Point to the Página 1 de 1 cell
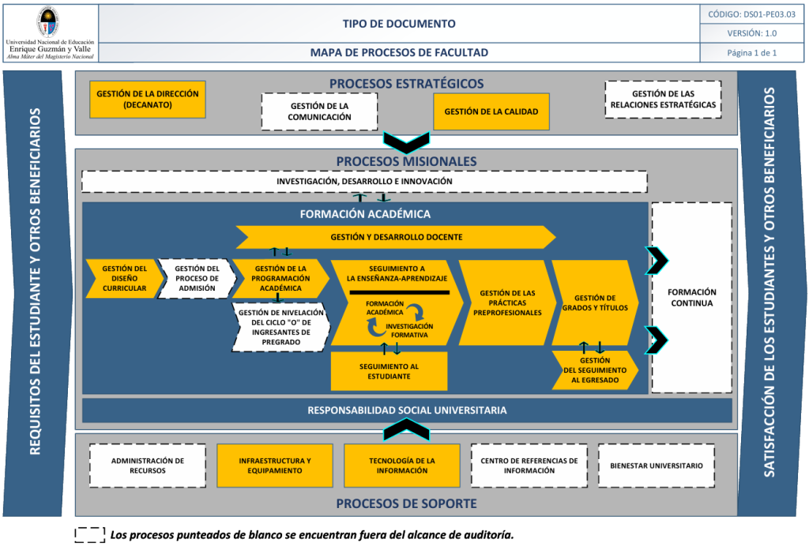[x=752, y=53]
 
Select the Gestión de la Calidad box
[x=491, y=111]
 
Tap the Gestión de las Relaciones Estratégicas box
[x=663, y=100]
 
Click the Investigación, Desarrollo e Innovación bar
[x=364, y=182]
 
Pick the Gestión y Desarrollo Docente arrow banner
[x=395, y=237]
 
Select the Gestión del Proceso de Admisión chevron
[x=196, y=278]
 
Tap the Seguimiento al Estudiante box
[x=389, y=371]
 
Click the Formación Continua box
[x=691, y=297]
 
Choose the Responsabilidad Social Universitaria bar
[x=407, y=411]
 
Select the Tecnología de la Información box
[x=401, y=465]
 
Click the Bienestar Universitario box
[x=656, y=465]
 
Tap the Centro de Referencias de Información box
[x=529, y=465]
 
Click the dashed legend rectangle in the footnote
[x=90, y=535]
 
